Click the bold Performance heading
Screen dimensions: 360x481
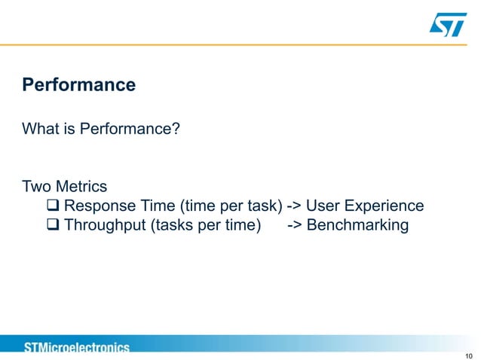[x=79, y=84]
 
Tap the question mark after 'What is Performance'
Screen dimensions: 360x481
[x=176, y=130]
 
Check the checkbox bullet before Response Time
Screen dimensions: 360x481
[x=54, y=206]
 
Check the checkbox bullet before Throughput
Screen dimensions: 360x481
[x=54, y=225]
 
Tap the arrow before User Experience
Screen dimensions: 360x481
[x=295, y=206]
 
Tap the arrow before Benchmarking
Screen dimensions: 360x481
[x=295, y=225]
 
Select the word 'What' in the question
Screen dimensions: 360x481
[x=39, y=130]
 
